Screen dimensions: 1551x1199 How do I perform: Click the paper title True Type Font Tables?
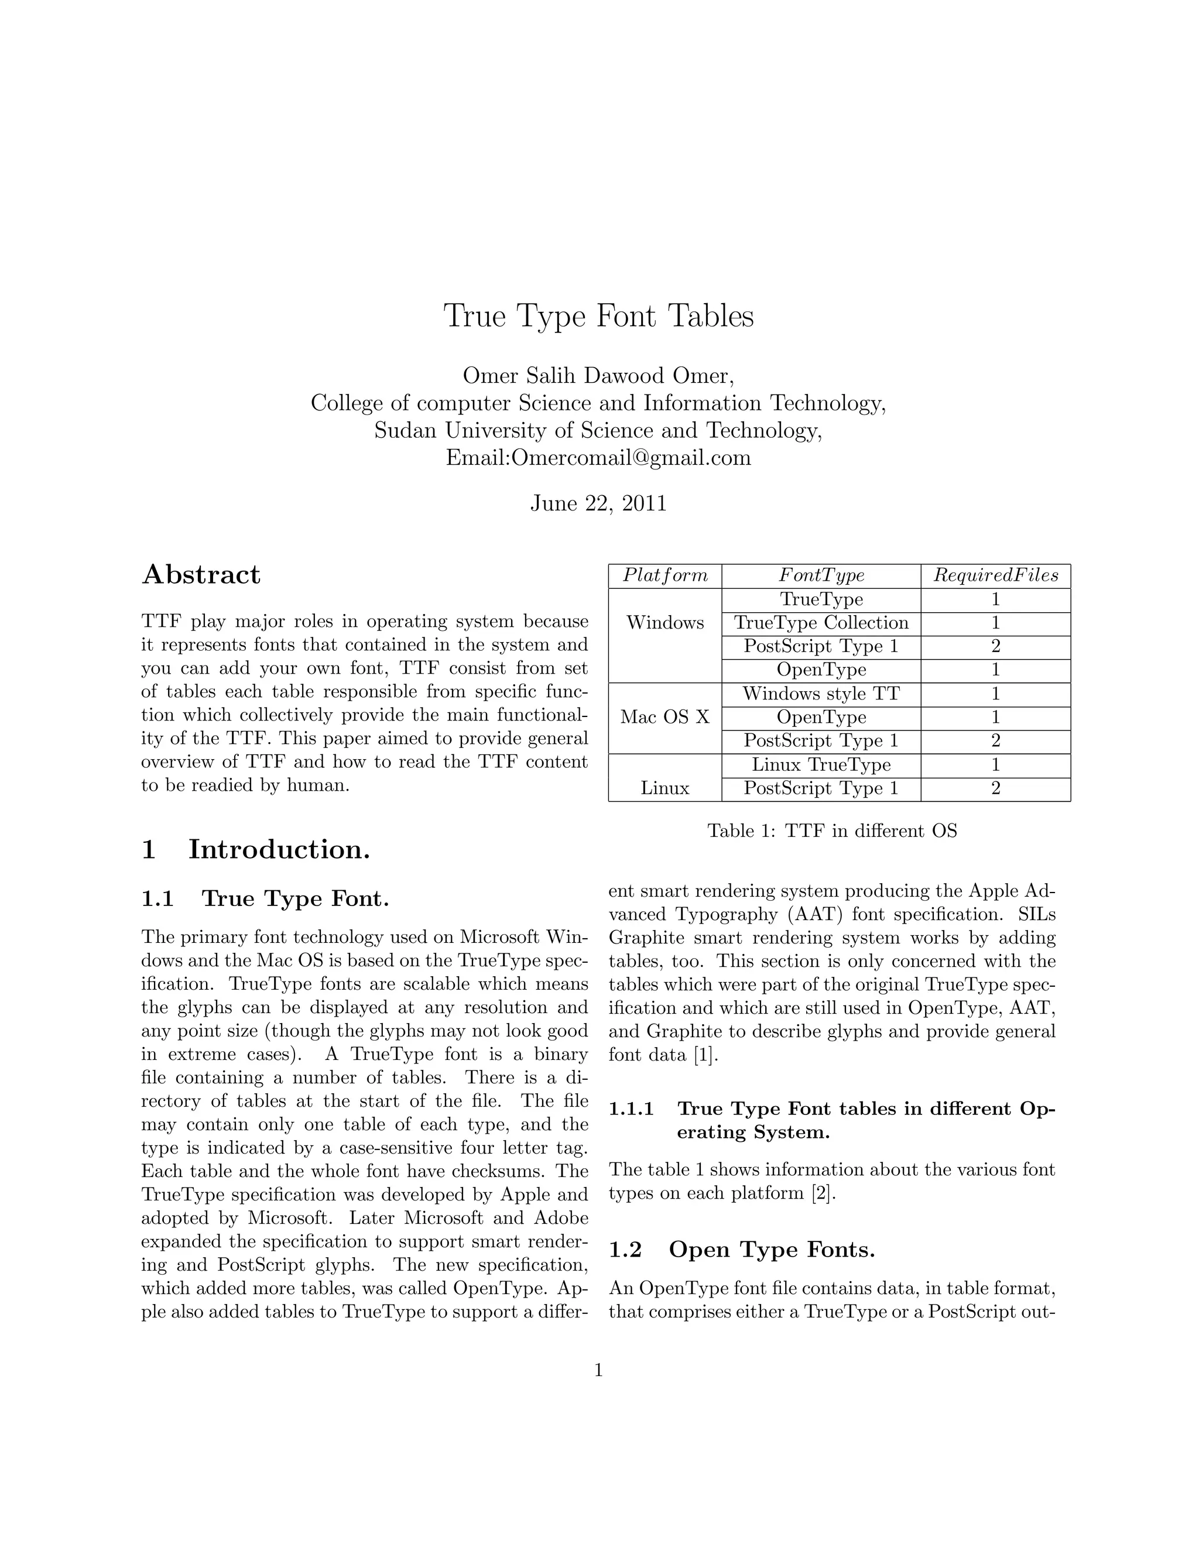(x=598, y=316)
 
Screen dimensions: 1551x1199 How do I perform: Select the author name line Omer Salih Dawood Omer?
(x=598, y=376)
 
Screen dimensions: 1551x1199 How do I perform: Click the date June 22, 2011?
(x=598, y=503)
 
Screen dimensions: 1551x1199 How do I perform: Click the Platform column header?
(x=665, y=575)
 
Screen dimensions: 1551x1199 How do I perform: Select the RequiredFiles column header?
(x=995, y=575)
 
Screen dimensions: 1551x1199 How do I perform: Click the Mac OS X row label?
(x=665, y=718)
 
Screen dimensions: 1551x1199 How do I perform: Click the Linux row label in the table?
(x=665, y=788)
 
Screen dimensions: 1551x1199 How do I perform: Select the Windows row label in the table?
(x=665, y=623)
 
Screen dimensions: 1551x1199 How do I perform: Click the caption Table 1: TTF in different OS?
(x=832, y=831)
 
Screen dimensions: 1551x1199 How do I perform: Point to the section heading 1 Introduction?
(x=256, y=849)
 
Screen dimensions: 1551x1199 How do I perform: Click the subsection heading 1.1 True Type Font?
(x=265, y=899)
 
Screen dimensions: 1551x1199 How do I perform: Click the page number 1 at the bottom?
(x=598, y=1371)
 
